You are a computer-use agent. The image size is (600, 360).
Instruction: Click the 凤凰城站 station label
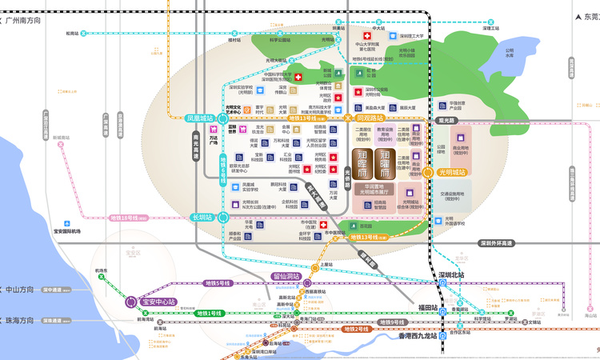tap(200, 118)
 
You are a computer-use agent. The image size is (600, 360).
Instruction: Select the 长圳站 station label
tap(202, 217)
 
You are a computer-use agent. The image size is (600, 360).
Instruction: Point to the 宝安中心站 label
tap(157, 302)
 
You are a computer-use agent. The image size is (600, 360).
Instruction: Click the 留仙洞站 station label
tap(286, 277)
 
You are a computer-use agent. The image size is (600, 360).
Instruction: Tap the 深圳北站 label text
tap(450, 274)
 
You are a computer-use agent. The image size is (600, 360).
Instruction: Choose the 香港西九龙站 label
tap(418, 336)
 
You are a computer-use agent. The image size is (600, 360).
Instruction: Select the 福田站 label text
tap(427, 307)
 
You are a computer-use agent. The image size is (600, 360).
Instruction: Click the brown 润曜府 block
tap(385, 165)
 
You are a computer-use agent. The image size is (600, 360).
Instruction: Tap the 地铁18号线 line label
tap(125, 217)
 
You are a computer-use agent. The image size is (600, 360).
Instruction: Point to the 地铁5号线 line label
tap(218, 283)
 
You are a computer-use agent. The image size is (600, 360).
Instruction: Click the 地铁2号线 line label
tap(356, 329)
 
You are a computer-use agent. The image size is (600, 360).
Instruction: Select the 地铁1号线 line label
tap(216, 313)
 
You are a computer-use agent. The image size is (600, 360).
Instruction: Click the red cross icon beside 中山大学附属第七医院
tap(367, 37)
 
